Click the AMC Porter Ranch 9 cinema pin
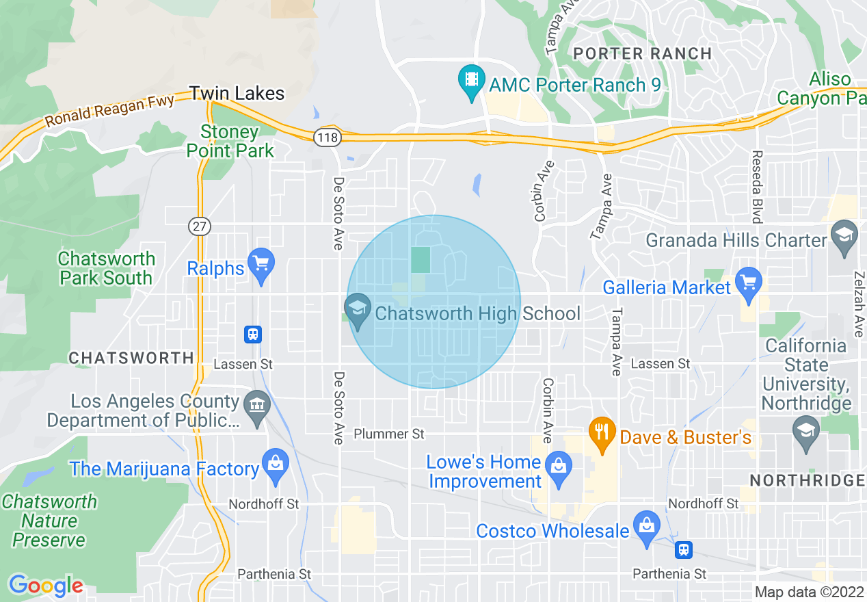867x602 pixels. (x=471, y=80)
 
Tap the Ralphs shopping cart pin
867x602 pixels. (x=261, y=264)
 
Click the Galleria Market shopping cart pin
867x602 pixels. (x=749, y=283)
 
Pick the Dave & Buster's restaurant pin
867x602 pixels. (x=602, y=434)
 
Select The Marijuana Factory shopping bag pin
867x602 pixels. (x=275, y=465)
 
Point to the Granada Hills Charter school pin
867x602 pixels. (x=845, y=236)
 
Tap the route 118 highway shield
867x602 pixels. (x=328, y=138)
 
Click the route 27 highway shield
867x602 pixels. (x=200, y=226)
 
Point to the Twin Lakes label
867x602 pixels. (x=237, y=93)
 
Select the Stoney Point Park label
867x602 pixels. (x=230, y=141)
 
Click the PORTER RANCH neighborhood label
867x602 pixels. (x=643, y=53)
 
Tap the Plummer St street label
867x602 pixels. (x=389, y=434)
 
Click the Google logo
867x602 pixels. (x=46, y=586)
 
